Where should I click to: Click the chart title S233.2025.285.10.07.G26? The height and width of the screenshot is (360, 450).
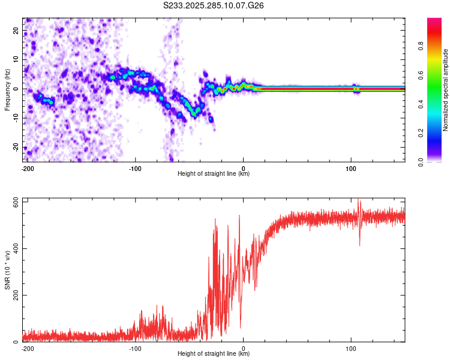[x=214, y=5]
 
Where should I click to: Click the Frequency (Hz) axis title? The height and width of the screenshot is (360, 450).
[x=7, y=90]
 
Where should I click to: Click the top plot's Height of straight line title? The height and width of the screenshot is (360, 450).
[x=214, y=174]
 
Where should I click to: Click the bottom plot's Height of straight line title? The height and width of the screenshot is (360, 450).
[x=214, y=354]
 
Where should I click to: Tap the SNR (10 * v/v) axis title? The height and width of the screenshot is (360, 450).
[x=7, y=270]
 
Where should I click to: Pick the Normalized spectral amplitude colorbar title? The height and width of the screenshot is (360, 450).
[x=446, y=90]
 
